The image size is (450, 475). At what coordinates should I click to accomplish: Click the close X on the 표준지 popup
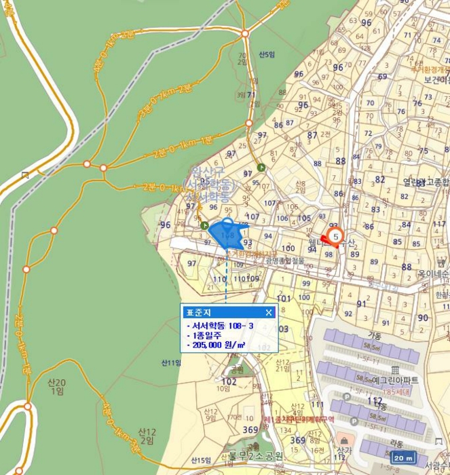tap(269, 312)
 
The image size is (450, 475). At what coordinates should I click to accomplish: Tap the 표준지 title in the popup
tap(195, 312)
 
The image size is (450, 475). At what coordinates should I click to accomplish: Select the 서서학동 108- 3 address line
tap(214, 325)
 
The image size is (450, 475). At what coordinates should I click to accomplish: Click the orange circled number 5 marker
tap(335, 236)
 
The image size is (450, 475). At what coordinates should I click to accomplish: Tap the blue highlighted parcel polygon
tap(227, 234)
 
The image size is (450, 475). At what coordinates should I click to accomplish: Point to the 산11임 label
tap(171, 362)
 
